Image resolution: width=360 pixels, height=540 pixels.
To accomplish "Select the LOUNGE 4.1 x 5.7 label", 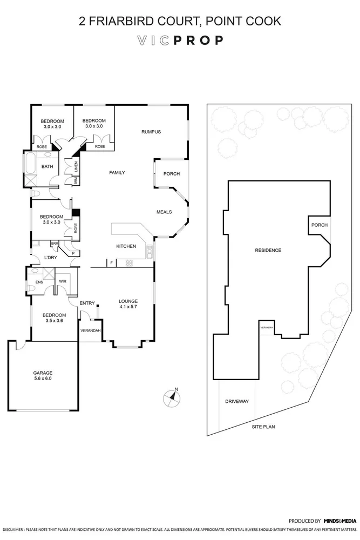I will (x=128, y=304).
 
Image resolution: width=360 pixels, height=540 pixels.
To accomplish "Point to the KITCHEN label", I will (x=126, y=247).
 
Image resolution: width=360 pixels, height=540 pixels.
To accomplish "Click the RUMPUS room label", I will (x=151, y=132).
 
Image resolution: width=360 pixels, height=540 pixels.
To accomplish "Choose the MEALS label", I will (x=164, y=212).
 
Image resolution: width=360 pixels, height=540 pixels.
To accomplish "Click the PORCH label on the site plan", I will (x=318, y=225).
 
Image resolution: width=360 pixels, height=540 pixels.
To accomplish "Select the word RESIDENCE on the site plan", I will (x=268, y=250).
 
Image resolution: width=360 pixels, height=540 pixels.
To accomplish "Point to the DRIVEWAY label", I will (x=236, y=402).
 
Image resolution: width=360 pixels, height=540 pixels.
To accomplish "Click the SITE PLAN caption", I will (x=263, y=427).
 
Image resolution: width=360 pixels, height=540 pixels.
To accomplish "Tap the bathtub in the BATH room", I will (x=29, y=163).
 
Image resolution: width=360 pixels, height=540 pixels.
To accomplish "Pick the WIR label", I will (x=63, y=281).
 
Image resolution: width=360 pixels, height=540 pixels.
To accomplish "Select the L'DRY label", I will (x=51, y=258).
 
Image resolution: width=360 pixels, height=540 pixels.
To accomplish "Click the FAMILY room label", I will (x=117, y=173).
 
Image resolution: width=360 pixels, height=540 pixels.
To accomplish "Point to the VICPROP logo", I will (x=180, y=40).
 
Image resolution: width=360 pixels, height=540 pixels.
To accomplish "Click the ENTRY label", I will (x=87, y=303).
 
